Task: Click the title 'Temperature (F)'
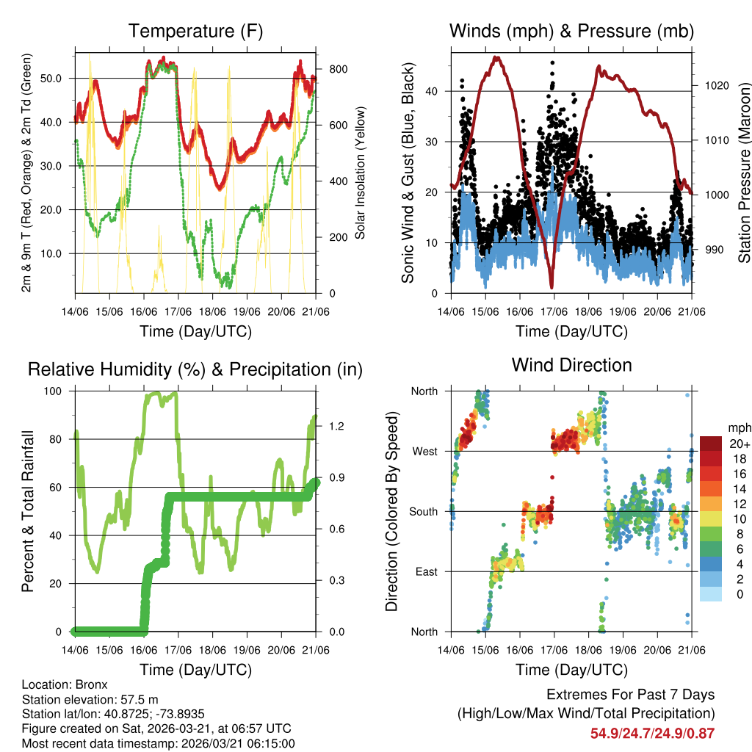pyautogui.click(x=195, y=31)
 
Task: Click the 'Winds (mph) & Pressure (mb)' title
pyautogui.click(x=571, y=31)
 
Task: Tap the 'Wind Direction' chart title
pyautogui.click(x=571, y=364)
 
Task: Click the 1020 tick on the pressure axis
pyautogui.click(x=715, y=85)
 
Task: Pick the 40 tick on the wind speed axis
pyautogui.click(x=435, y=91)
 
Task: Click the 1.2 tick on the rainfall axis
pyautogui.click(x=330, y=426)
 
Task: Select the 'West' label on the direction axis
pyautogui.click(x=424, y=451)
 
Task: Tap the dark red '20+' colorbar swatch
pyautogui.click(x=711, y=444)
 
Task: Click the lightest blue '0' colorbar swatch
pyautogui.click(x=711, y=594)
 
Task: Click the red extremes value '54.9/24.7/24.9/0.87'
pyautogui.click(x=652, y=733)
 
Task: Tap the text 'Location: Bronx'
pyautogui.click(x=65, y=684)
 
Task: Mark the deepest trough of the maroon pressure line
pyautogui.click(x=551, y=286)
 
